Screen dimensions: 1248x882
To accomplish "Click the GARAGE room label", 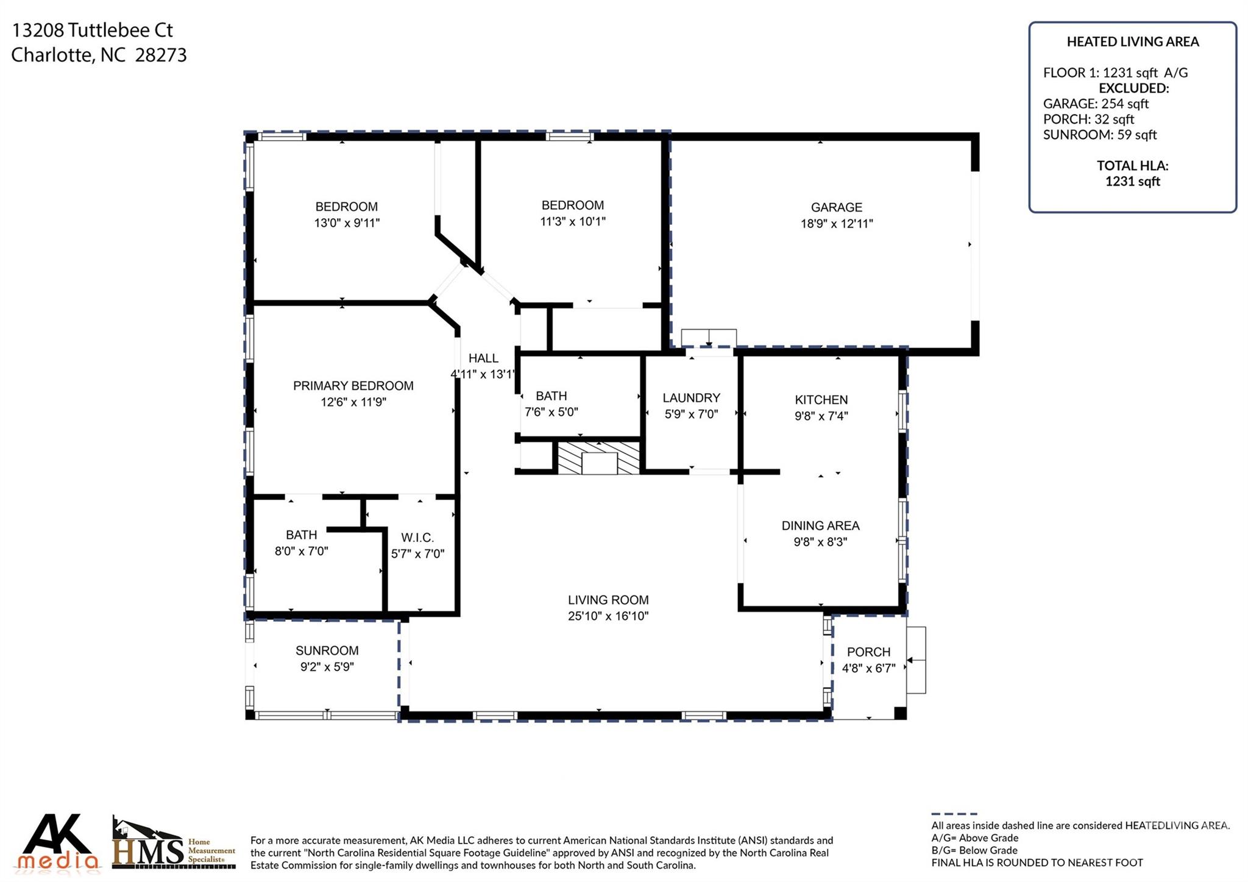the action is (x=836, y=207).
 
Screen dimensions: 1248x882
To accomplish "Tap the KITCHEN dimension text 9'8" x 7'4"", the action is (x=821, y=416).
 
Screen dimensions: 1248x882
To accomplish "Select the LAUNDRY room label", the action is (x=691, y=398).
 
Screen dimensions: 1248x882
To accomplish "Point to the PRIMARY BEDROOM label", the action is (x=353, y=386).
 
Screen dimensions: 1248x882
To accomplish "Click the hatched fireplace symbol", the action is (x=599, y=457).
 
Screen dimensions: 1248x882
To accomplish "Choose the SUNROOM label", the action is (x=327, y=650).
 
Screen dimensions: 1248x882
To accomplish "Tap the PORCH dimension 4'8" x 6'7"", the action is (x=868, y=668).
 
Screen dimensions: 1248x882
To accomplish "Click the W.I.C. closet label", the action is (x=417, y=538).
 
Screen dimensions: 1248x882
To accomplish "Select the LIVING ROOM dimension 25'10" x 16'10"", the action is (x=608, y=616).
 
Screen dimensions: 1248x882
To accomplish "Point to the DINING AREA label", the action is (x=820, y=525).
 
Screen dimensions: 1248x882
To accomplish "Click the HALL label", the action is (x=483, y=358).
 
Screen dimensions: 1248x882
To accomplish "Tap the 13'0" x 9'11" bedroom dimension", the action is (x=347, y=223).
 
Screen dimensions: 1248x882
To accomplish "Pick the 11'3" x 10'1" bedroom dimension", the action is (x=573, y=221).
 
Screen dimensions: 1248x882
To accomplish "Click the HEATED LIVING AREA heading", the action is (x=1132, y=42).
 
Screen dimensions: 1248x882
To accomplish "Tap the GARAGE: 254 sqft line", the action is (x=1096, y=104).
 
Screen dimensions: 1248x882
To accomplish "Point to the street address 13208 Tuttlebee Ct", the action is (x=93, y=30).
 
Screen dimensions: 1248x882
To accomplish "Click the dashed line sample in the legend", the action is (x=954, y=814).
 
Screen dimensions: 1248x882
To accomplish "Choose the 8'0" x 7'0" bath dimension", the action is (x=301, y=551).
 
